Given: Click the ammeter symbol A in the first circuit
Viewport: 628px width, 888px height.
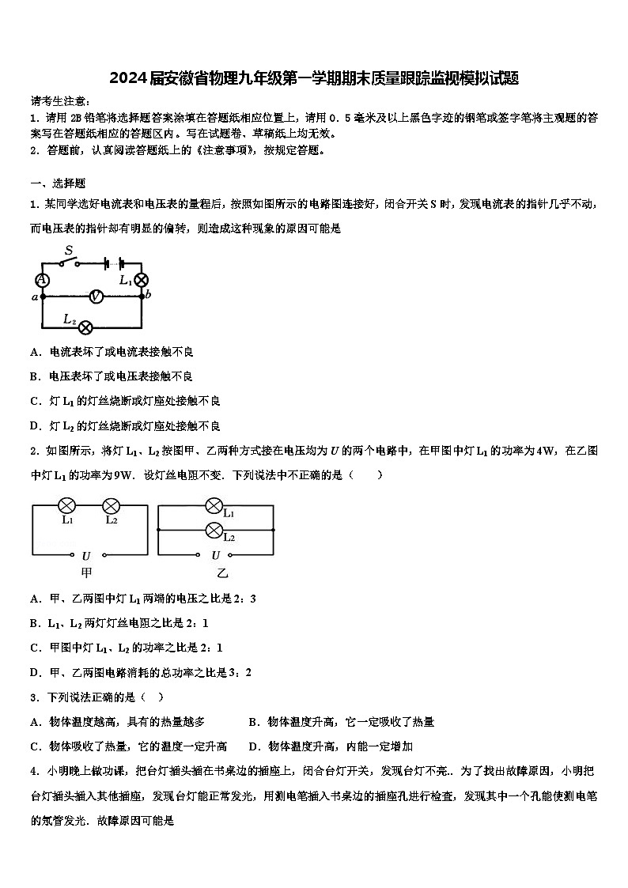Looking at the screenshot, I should point(42,280).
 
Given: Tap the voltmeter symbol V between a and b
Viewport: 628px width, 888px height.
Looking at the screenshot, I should point(96,297).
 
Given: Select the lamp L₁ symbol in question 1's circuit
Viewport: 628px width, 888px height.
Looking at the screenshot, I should point(142,280).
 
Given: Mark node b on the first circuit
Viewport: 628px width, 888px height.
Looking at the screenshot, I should point(142,297).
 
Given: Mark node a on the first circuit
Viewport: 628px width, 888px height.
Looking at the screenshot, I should point(41,297).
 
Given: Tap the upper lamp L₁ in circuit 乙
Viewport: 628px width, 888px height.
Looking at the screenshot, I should point(214,506).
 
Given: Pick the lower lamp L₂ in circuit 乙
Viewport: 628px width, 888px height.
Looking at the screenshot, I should point(214,530).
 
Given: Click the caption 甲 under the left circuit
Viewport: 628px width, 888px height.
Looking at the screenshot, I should point(86,572).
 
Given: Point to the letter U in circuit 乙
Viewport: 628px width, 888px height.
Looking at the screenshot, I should point(215,555).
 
